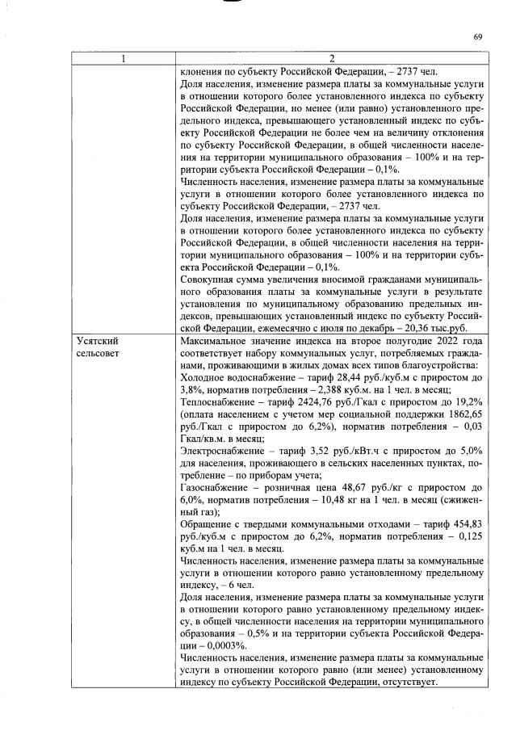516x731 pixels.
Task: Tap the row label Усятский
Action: pos(95,342)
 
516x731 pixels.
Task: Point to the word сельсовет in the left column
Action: pos(99,354)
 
